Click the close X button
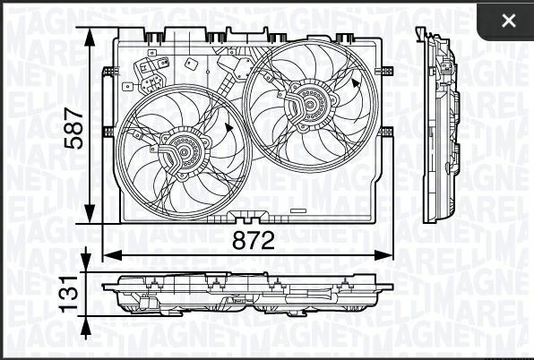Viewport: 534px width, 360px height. coord(509,21)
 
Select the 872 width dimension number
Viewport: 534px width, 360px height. coord(254,240)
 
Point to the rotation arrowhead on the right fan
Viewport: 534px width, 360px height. coord(357,83)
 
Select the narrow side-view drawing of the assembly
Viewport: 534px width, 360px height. coord(441,125)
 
